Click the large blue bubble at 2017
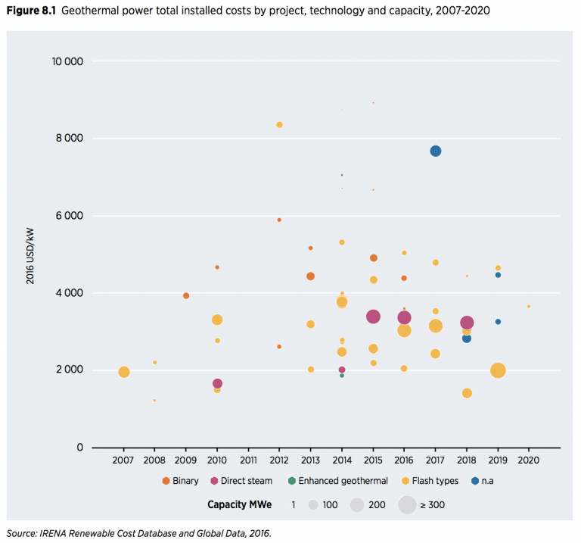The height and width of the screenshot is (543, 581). point(436,151)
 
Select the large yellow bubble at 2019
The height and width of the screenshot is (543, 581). point(498,370)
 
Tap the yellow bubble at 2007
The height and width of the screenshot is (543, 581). point(124,372)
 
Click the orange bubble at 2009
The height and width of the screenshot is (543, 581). point(186,296)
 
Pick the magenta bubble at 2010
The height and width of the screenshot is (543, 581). point(217,384)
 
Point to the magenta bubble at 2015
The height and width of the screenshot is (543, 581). point(373,317)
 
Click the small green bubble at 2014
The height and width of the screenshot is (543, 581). point(342,376)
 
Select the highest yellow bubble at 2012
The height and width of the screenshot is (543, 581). point(279,125)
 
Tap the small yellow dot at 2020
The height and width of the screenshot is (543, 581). point(529,307)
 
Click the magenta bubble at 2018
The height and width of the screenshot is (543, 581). point(467,323)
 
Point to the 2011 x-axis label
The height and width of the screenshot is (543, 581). point(248,460)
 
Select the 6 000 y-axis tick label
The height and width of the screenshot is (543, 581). point(68,216)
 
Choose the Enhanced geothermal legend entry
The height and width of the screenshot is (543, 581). point(343,481)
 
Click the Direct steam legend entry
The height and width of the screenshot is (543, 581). point(246,481)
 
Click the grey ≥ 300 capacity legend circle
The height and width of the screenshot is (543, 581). point(407,504)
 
